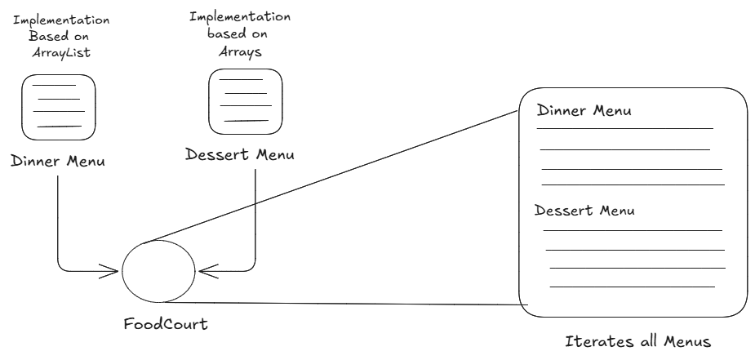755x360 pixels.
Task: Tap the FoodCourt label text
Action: tap(166, 324)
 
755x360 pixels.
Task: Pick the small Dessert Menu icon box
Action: tap(245, 100)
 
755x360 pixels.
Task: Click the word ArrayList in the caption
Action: tap(58, 51)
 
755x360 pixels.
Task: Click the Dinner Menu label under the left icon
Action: tap(58, 160)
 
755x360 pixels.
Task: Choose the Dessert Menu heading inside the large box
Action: tap(584, 211)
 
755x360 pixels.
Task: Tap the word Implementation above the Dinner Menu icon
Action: tap(57, 18)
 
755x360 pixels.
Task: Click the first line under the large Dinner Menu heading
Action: tap(624, 128)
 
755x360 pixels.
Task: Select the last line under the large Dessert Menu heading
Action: tap(633, 286)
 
